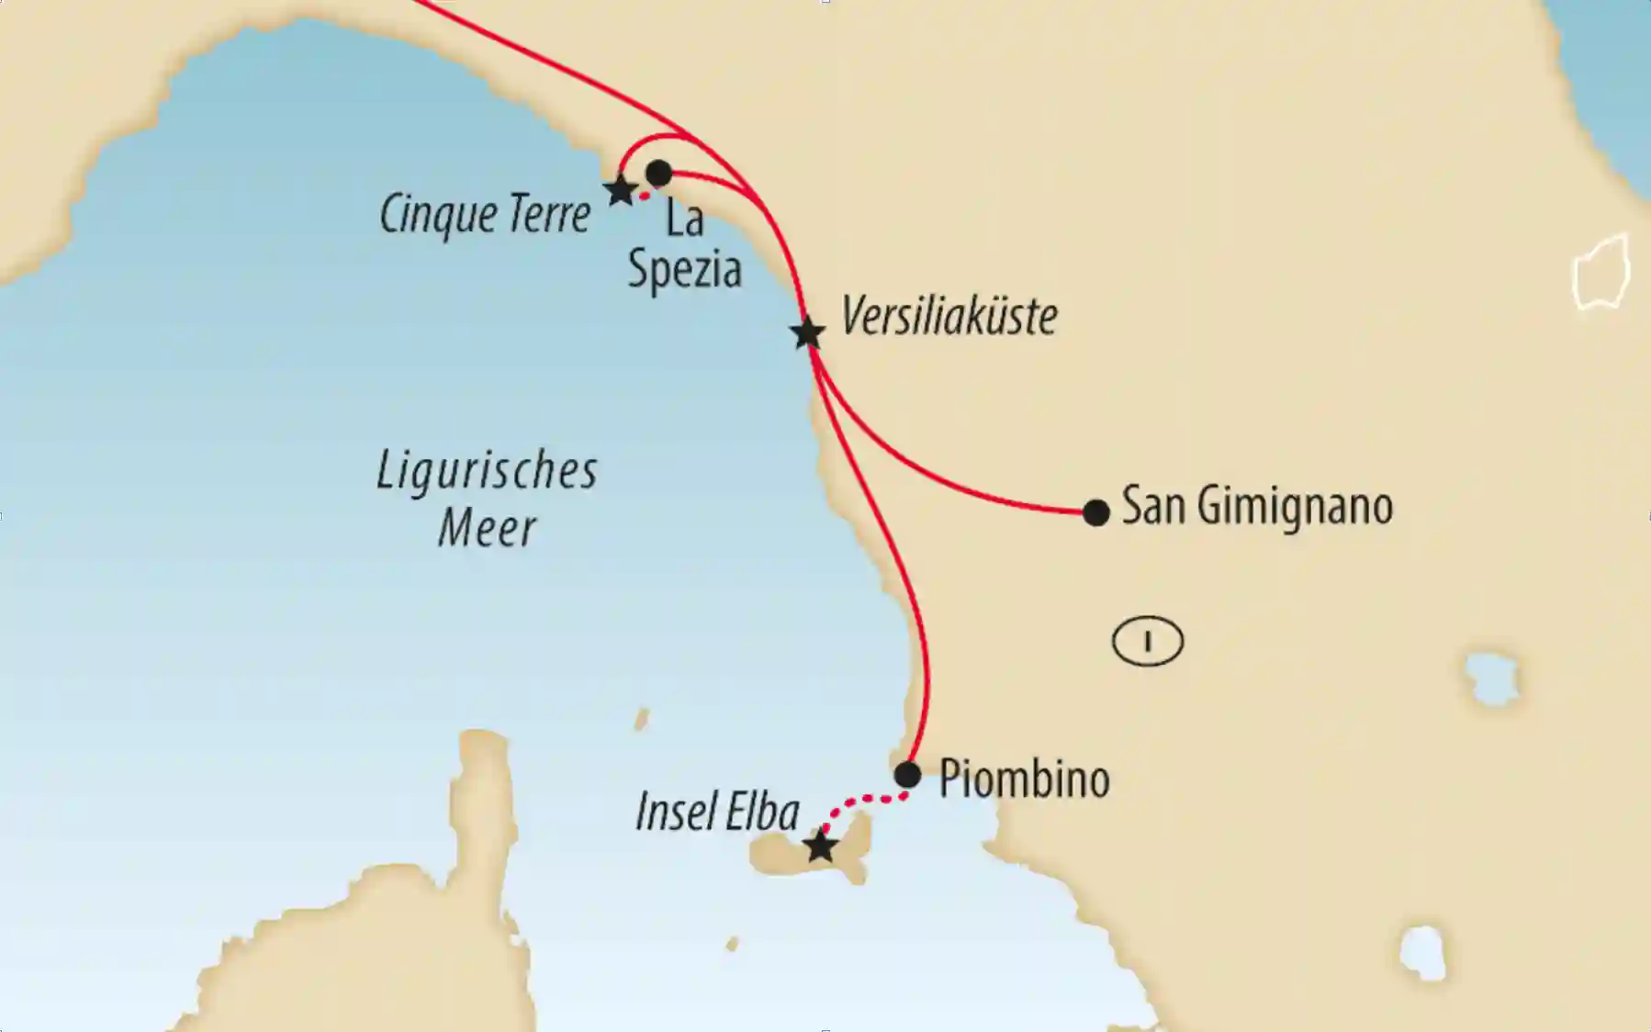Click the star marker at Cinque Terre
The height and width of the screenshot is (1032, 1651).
pyautogui.click(x=621, y=191)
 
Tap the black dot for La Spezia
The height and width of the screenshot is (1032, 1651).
pyautogui.click(x=658, y=173)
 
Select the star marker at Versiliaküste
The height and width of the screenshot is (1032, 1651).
pyautogui.click(x=807, y=333)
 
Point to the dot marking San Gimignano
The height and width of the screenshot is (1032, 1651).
pyautogui.click(x=1095, y=512)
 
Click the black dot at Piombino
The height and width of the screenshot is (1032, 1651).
pyautogui.click(x=907, y=775)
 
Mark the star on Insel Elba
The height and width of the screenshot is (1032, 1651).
pyautogui.click(x=820, y=847)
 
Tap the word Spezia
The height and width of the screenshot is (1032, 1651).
pyautogui.click(x=684, y=270)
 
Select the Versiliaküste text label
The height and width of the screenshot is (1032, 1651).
pyautogui.click(x=949, y=318)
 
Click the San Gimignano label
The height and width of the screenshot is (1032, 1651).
pyautogui.click(x=1257, y=507)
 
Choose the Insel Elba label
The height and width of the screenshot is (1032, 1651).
pyautogui.click(x=717, y=813)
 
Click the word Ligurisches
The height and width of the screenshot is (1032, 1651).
pyautogui.click(x=487, y=472)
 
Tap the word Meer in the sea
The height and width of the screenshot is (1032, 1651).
pyautogui.click(x=487, y=529)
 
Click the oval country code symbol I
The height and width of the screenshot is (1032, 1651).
pyautogui.click(x=1147, y=641)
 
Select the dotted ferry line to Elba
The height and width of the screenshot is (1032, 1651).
pyautogui.click(x=863, y=802)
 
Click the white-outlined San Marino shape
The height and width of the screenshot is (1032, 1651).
pyautogui.click(x=1600, y=273)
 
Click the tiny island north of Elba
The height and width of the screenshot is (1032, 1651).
pyautogui.click(x=642, y=718)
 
